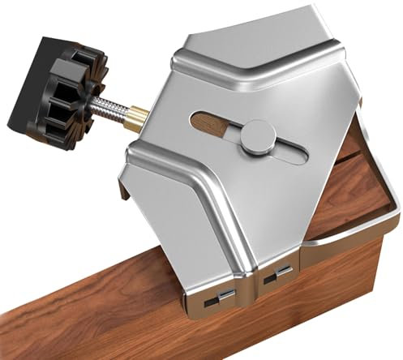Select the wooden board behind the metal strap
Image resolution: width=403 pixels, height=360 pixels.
click(x=357, y=195)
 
